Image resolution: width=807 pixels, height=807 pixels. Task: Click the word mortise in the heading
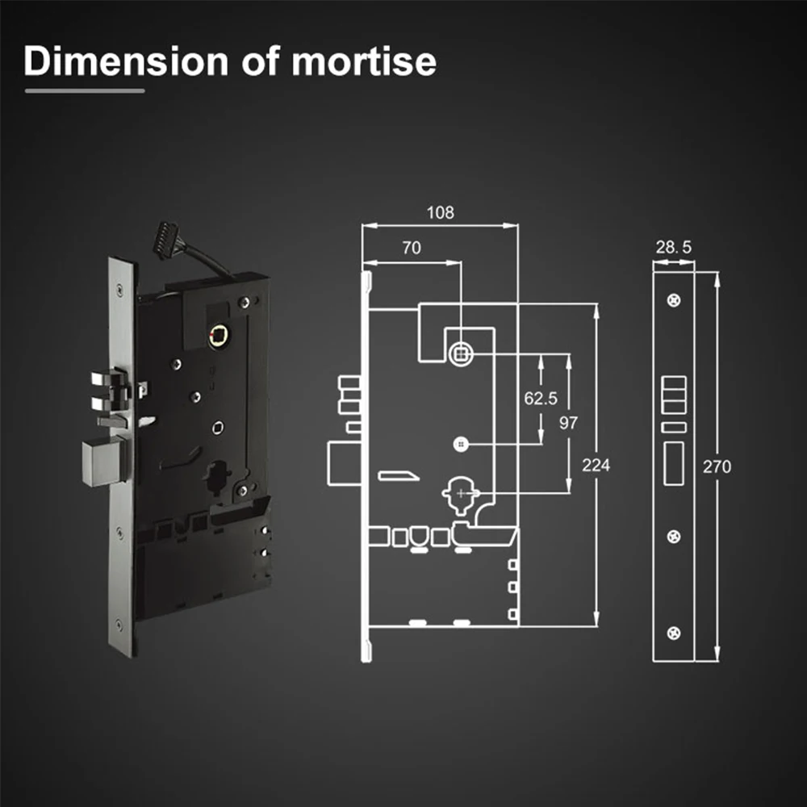coord(364,61)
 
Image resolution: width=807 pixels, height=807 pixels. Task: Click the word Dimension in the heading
coord(126,61)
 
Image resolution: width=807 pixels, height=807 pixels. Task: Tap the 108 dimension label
coord(440,212)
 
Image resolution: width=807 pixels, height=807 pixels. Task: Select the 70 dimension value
coord(412,248)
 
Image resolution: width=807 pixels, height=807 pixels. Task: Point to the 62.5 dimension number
coord(541,399)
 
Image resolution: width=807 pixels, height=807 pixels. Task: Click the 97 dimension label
coord(568,423)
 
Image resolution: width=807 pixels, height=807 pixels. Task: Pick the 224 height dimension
coord(596,466)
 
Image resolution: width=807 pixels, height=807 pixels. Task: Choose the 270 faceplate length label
coord(717,466)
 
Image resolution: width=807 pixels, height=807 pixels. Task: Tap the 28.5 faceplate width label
coord(673,248)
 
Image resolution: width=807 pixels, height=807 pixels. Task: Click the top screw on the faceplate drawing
coord(674,300)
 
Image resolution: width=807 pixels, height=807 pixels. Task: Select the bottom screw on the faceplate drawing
coord(674,633)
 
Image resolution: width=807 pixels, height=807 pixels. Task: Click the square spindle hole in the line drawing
coord(461,354)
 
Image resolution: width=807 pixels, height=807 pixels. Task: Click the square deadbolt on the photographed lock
coord(104,461)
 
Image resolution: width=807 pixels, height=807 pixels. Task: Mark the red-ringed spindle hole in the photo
coord(220,335)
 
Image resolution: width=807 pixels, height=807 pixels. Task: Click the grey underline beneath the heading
coord(85,91)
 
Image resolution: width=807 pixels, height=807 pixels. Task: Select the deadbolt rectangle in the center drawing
coord(345,462)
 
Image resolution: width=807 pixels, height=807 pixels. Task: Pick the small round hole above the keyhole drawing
coord(461,444)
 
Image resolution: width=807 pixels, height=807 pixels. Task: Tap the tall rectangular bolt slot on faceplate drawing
coord(674,463)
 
